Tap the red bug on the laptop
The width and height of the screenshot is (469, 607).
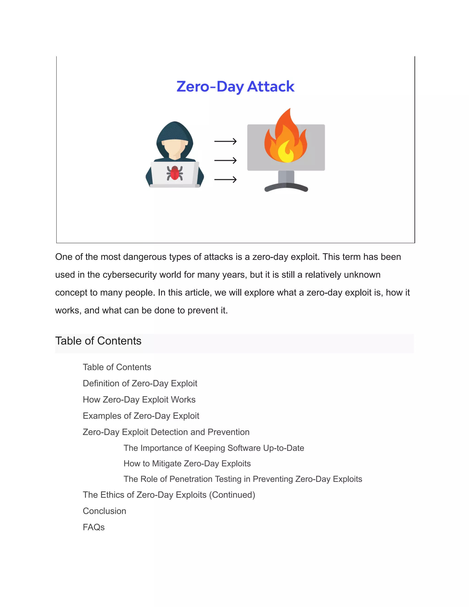tap(175, 173)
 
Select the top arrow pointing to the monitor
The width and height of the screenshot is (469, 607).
tap(225, 142)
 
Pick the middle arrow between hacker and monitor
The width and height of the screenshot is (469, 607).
tap(225, 160)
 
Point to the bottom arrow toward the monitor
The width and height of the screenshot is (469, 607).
tap(225, 180)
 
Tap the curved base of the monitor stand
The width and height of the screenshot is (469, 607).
tap(286, 188)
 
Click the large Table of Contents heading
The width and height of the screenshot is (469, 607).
tap(98, 341)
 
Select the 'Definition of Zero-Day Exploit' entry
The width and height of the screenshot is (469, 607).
tap(140, 383)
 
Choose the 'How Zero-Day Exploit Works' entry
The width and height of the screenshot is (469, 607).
tap(139, 399)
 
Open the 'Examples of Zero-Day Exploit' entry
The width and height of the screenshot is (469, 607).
tap(141, 416)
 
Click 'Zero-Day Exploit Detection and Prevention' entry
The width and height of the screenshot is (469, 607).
tap(166, 432)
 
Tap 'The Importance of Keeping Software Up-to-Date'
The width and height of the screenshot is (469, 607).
tap(214, 448)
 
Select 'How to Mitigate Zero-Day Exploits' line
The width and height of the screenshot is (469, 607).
tap(187, 463)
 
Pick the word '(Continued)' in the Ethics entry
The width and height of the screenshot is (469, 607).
tap(232, 495)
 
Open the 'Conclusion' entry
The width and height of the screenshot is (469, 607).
tap(104, 511)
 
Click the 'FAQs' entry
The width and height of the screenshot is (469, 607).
tap(94, 527)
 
